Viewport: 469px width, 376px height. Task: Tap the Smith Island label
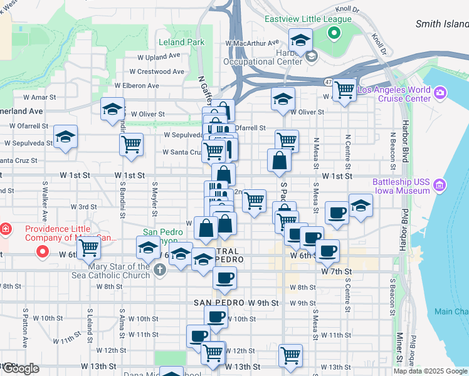click(x=442, y=24)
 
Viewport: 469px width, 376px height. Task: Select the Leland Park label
click(x=182, y=43)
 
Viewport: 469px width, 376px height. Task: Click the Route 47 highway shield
click(x=328, y=82)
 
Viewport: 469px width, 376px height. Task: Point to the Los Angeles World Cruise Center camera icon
click(x=440, y=93)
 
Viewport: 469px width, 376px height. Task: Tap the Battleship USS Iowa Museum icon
click(x=439, y=185)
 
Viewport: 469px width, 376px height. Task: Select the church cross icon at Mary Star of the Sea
click(x=160, y=270)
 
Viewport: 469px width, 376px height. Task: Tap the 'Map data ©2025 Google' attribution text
click(x=429, y=371)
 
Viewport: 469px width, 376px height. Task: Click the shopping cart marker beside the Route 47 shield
click(x=344, y=90)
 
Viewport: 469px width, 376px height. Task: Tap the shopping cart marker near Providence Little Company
click(x=88, y=248)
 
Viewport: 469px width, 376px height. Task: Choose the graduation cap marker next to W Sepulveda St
click(x=65, y=138)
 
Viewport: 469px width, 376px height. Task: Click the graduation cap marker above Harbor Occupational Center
click(x=301, y=41)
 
